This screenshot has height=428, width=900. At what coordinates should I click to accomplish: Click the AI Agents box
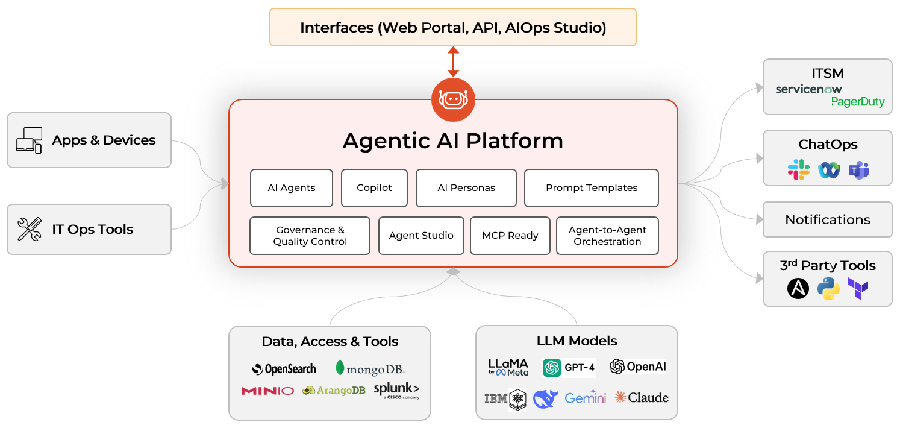292,188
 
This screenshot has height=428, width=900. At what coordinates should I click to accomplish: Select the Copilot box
374,188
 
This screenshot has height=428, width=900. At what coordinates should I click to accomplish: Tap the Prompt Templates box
592,188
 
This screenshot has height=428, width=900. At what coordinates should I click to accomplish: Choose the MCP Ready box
510,236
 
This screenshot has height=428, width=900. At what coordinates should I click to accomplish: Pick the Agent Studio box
421,236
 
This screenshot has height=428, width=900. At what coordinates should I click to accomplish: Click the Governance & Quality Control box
310,236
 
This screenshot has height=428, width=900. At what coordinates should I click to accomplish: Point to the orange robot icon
453,99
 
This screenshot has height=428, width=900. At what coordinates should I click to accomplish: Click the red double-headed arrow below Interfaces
453,62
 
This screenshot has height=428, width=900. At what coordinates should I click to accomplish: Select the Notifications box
827,220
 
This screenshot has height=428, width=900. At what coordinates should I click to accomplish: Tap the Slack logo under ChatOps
799,170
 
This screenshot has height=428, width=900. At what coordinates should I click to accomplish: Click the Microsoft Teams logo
858,171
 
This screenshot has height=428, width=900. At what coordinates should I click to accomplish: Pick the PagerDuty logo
858,102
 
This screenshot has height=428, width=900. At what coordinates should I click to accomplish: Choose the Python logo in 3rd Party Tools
828,289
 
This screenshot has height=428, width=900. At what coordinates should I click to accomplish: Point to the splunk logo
396,391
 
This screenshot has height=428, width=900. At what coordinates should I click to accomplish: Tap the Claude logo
642,398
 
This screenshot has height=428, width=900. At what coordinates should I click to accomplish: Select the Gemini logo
586,398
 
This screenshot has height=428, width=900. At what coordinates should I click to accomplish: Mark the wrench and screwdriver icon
30,230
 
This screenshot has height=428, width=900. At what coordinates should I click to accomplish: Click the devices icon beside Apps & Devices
29,140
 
